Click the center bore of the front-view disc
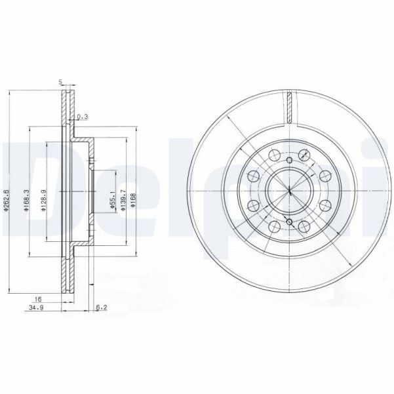click(x=288, y=191)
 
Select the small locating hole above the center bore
click(x=288, y=161)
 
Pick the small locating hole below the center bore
click(x=288, y=223)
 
